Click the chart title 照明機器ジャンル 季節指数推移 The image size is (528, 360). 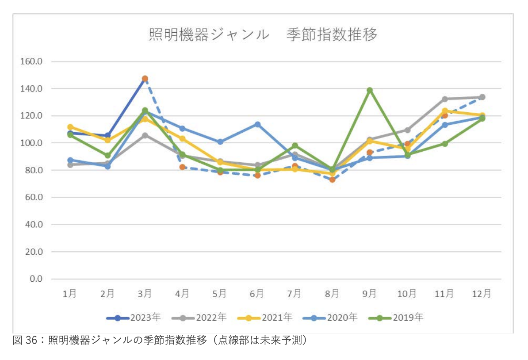click(x=263, y=35)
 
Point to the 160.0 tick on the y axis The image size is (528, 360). click(x=31, y=61)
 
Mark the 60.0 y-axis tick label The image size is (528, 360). click(x=32, y=197)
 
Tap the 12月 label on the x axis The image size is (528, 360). click(x=481, y=294)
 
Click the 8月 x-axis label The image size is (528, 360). click(x=332, y=294)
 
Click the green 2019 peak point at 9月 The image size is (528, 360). click(x=370, y=90)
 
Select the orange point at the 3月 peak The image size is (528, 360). click(x=145, y=79)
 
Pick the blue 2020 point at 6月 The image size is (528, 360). click(x=257, y=124)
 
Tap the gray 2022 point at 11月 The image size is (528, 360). click(x=444, y=99)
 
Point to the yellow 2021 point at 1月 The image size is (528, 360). click(x=70, y=127)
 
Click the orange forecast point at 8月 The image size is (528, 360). click(x=332, y=180)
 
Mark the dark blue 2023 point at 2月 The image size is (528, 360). click(x=107, y=135)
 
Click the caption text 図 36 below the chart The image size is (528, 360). click(x=23, y=341)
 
